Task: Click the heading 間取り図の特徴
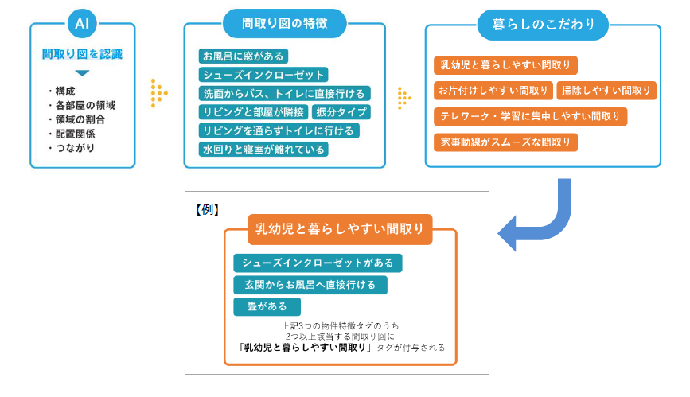(284, 23)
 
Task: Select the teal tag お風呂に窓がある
(243, 56)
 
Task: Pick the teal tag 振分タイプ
(341, 112)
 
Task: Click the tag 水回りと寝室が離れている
(263, 149)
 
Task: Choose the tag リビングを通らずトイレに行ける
(279, 130)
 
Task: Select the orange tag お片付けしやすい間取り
(493, 91)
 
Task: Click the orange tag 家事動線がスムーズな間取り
(505, 142)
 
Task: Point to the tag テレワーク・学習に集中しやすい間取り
(530, 117)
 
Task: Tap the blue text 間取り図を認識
(82, 55)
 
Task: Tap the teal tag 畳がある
(267, 306)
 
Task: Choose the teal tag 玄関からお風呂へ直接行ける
(310, 284)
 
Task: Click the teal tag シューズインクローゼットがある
(318, 263)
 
